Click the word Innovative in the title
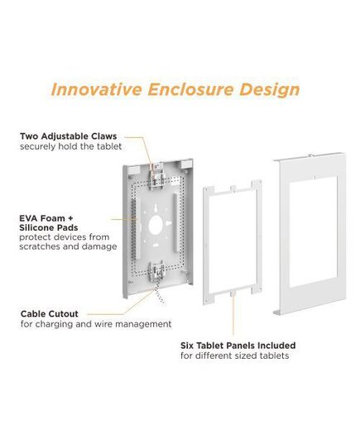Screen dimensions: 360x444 click(96, 89)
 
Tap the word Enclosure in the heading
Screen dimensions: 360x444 click(191, 89)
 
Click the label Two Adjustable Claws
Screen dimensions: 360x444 click(69, 136)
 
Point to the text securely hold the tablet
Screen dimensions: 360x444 click(71, 146)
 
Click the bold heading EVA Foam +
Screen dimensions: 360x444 click(46, 218)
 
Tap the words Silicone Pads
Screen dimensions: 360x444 click(49, 227)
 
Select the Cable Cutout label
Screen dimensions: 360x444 click(50, 313)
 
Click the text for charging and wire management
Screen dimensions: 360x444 click(96, 324)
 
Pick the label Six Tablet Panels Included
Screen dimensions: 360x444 click(238, 346)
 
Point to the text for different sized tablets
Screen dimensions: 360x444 click(235, 356)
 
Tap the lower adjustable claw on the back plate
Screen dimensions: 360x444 click(156, 273)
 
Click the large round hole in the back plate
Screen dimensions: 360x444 click(156, 225)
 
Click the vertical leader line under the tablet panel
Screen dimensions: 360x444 click(233, 313)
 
